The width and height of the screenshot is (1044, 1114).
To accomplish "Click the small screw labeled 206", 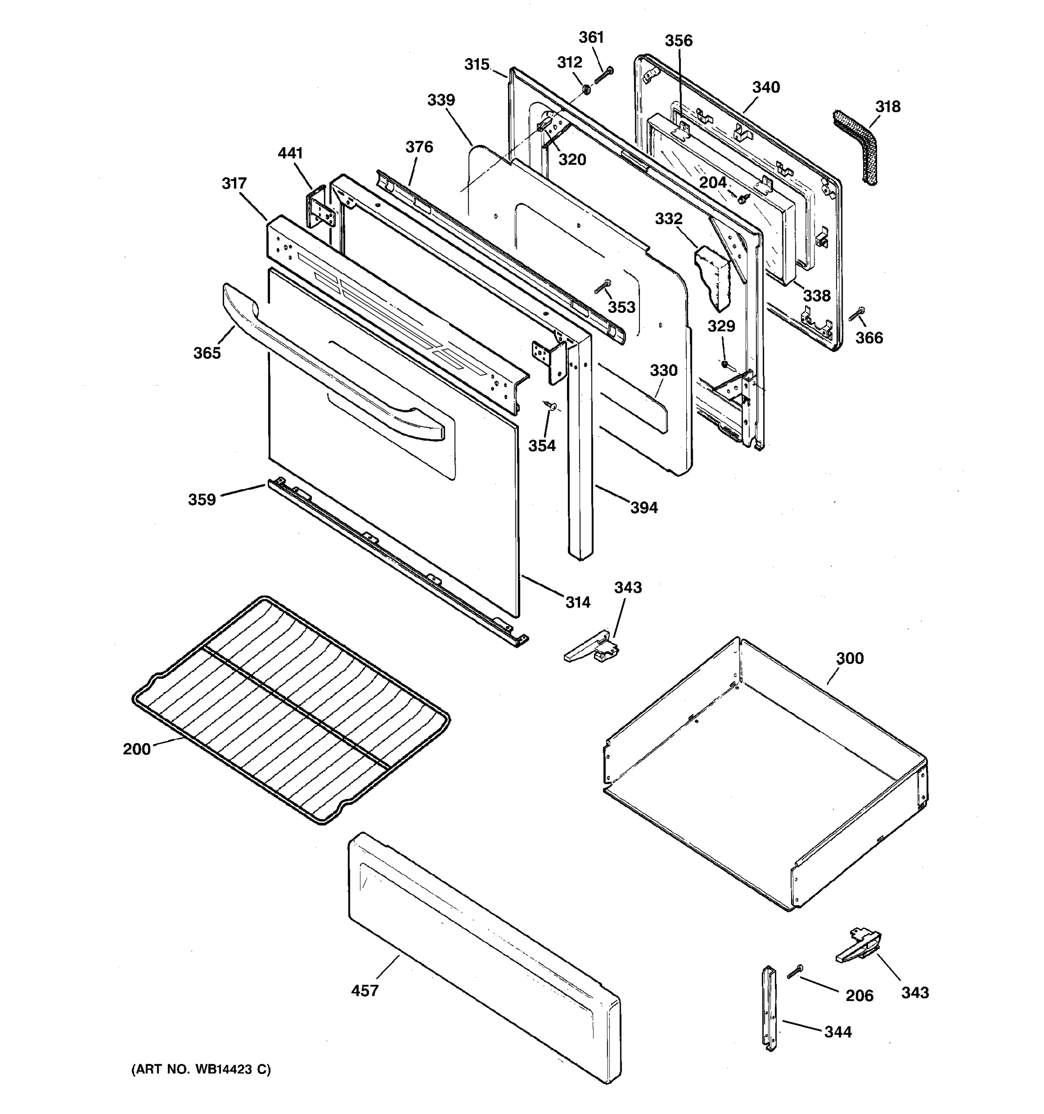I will (794, 972).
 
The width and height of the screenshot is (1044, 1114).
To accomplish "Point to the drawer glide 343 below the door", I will (593, 648).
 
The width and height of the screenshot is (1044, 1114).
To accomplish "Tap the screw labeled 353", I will (603, 287).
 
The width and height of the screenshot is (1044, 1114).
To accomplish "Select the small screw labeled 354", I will (549, 405).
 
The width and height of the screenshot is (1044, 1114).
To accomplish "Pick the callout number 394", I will (644, 508).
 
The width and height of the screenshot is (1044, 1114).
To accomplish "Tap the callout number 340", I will (766, 87).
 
